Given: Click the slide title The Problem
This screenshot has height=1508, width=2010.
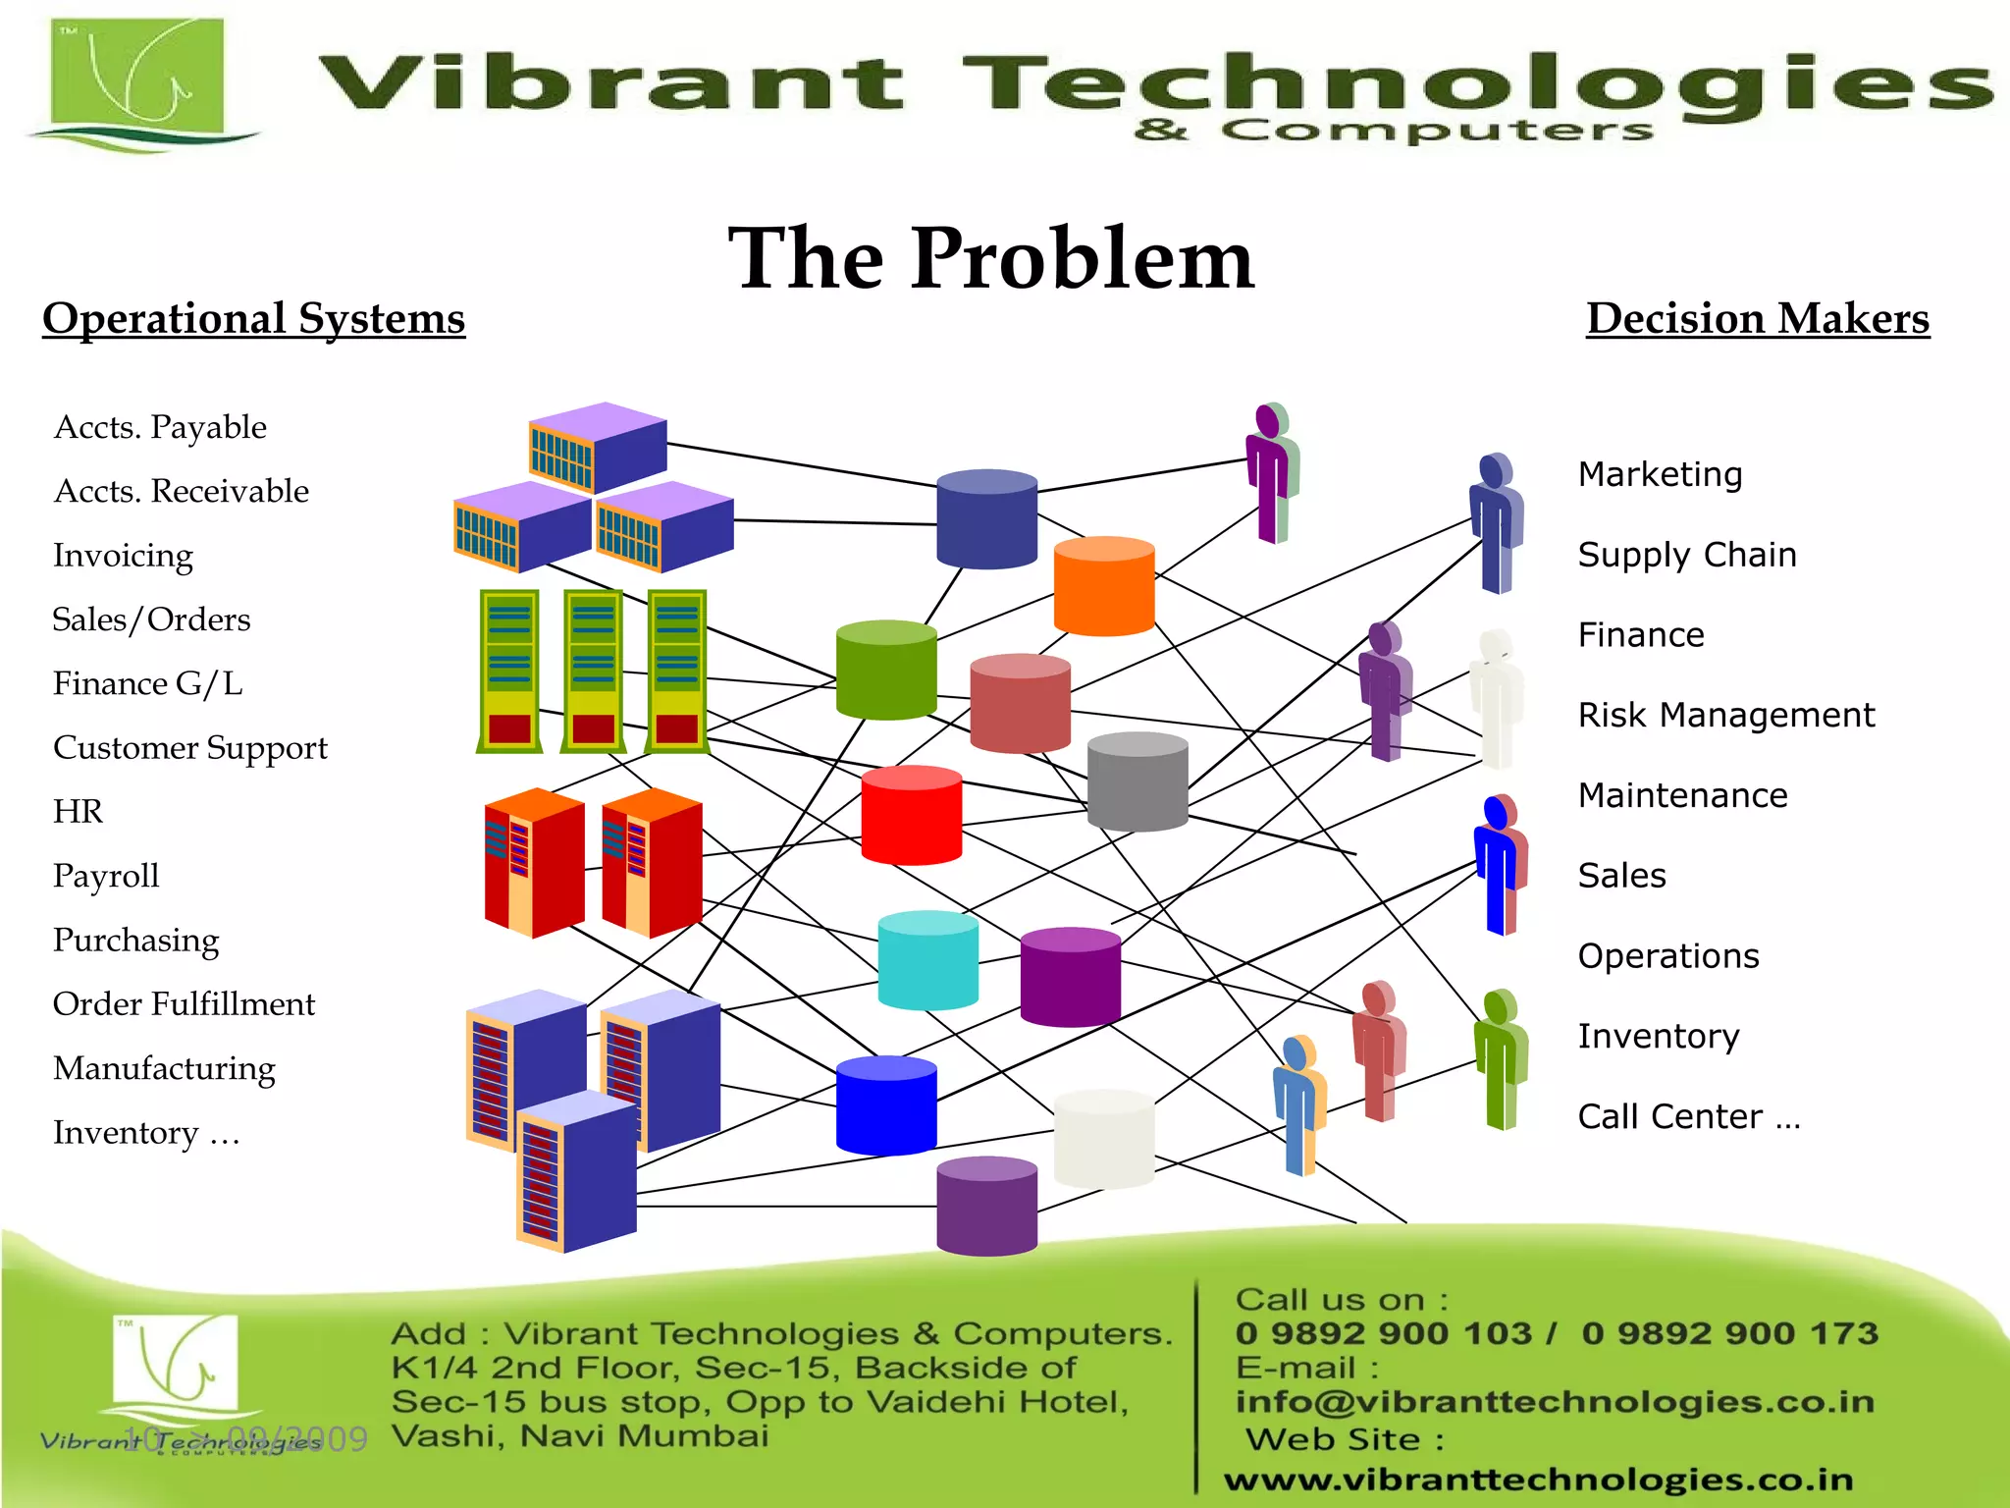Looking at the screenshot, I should [991, 258].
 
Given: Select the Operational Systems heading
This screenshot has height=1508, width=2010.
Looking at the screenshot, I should [253, 319].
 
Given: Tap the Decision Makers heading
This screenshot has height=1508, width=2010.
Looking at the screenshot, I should [1758, 319].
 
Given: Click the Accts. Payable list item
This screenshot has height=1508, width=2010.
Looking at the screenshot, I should [160, 427].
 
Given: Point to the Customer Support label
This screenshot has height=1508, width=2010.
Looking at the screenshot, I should [190, 747].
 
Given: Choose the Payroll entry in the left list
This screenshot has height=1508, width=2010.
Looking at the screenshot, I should [106, 876].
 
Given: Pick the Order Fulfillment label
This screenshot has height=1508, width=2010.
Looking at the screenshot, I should [185, 1003].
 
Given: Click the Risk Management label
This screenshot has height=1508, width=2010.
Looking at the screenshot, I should [1725, 715].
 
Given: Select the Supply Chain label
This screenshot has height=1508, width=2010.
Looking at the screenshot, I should [1687, 555].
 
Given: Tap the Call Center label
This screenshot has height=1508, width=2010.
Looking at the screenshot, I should [1688, 1116].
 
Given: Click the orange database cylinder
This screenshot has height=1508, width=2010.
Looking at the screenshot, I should [1104, 586].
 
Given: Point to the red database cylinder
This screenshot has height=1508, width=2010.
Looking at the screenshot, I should [911, 815].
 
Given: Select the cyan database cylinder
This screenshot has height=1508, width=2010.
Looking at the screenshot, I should [927, 960].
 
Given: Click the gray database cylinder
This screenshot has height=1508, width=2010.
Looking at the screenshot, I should [1137, 781].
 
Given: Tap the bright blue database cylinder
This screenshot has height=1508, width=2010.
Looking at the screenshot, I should [886, 1105].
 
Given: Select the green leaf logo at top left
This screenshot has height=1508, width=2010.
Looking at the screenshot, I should [137, 83].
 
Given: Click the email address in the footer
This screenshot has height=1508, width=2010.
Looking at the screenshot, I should [1555, 1401].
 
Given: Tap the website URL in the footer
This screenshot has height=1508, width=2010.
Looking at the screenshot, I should [1538, 1479].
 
